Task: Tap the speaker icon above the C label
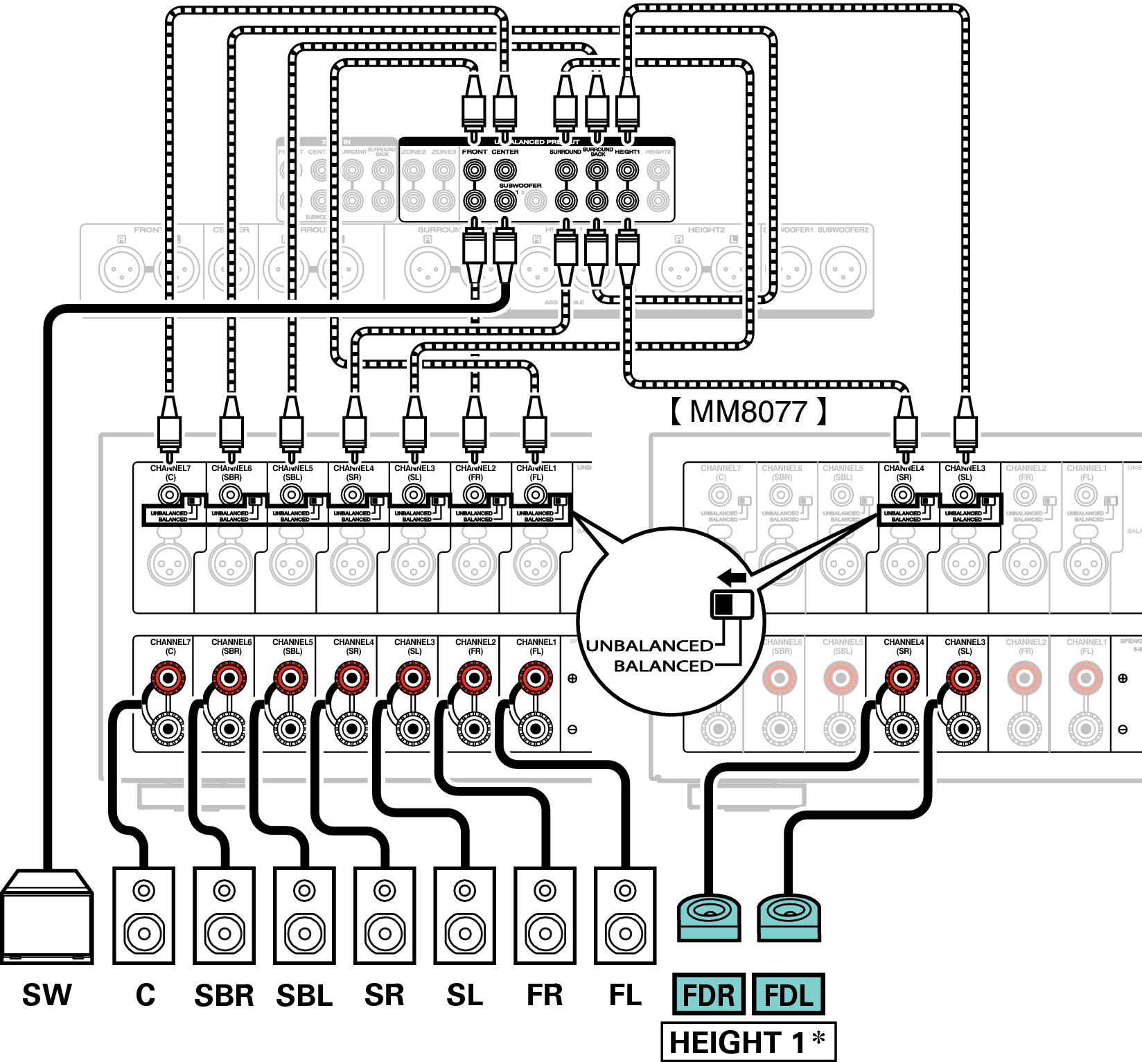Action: pyautogui.click(x=144, y=915)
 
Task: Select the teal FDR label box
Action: pyautogui.click(x=708, y=995)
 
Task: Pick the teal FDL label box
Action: pyautogui.click(x=789, y=995)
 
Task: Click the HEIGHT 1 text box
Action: pyautogui.click(x=748, y=1042)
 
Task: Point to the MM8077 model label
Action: pyautogui.click(x=748, y=411)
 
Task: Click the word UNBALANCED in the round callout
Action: pyautogui.click(x=649, y=646)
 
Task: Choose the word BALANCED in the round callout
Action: pyautogui.click(x=663, y=666)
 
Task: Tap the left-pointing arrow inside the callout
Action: pyautogui.click(x=732, y=577)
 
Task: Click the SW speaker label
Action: pyautogui.click(x=47, y=995)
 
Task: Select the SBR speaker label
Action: pyautogui.click(x=224, y=995)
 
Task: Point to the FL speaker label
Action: pyautogui.click(x=625, y=995)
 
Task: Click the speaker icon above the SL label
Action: pyautogui.click(x=465, y=915)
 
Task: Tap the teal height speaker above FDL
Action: pyautogui.click(x=789, y=917)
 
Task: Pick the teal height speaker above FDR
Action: pyautogui.click(x=708, y=917)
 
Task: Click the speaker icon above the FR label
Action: pyautogui.click(x=545, y=915)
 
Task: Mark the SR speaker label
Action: pyautogui.click(x=385, y=995)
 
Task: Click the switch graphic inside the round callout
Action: pyautogui.click(x=732, y=604)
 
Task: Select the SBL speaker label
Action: pyautogui.click(x=304, y=995)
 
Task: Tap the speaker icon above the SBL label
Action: pyautogui.click(x=304, y=915)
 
